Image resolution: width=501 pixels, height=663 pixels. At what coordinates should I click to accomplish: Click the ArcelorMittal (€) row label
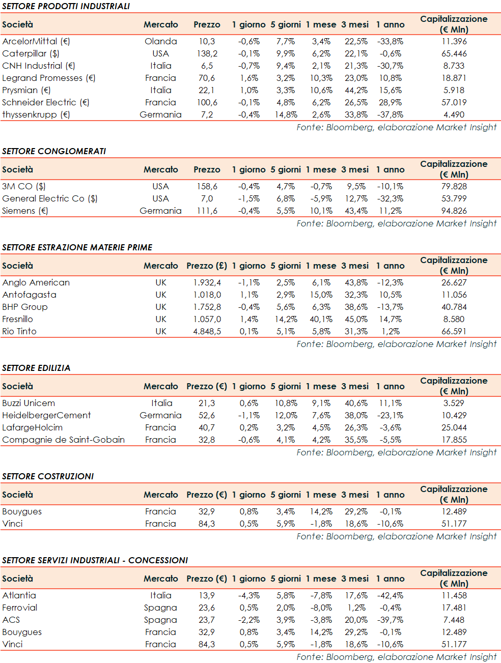[36, 41]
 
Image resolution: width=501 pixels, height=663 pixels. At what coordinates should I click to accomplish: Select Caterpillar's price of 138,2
[207, 53]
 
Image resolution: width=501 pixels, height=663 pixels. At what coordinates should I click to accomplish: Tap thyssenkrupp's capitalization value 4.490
[454, 114]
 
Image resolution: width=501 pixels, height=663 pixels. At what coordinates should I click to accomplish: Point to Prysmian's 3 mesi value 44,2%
[356, 90]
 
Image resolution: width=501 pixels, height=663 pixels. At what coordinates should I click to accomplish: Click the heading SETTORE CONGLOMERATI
[54, 151]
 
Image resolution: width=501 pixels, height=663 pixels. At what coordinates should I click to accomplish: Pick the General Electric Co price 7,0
[207, 198]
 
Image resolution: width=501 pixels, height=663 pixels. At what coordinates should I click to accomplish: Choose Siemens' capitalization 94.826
[454, 211]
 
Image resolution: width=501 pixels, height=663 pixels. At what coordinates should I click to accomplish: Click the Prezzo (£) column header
[207, 266]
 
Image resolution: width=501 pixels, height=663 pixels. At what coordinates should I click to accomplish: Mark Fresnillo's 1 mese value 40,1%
[321, 319]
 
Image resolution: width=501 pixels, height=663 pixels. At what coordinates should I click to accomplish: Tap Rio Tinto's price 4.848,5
[207, 331]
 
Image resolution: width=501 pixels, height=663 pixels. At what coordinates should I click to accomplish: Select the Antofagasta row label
[29, 295]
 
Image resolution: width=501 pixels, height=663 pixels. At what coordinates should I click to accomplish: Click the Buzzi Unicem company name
[29, 403]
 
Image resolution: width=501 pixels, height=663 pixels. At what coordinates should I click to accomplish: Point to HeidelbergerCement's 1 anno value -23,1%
[390, 415]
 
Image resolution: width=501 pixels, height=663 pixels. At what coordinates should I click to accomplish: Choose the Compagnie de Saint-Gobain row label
[63, 440]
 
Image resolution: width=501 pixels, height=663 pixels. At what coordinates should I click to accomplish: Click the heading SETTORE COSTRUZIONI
[48, 476]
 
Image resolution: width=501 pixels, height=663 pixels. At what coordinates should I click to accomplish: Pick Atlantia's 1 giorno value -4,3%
[248, 595]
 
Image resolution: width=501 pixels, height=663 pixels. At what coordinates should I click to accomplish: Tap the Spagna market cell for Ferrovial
[160, 608]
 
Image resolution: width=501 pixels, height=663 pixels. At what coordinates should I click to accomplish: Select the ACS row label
[11, 620]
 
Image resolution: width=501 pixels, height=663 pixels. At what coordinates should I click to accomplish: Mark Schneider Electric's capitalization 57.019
[454, 102]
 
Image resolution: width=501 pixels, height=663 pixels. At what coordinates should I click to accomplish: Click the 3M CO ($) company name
[24, 186]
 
